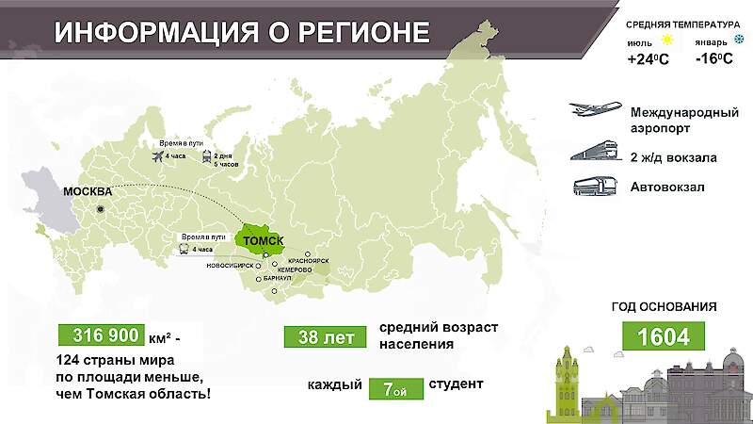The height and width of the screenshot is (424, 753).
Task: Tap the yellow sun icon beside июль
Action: [667, 41]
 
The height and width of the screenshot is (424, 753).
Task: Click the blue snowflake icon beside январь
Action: [738, 41]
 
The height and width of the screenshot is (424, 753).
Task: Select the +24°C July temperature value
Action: [648, 59]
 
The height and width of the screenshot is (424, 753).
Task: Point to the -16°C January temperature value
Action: [714, 59]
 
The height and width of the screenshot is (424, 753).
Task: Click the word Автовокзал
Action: [667, 187]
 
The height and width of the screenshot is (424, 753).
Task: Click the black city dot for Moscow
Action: [101, 209]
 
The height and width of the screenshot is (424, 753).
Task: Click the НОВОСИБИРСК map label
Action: [236, 267]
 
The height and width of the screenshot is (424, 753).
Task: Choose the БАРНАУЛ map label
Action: [278, 280]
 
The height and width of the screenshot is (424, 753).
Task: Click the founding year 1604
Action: [664, 334]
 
